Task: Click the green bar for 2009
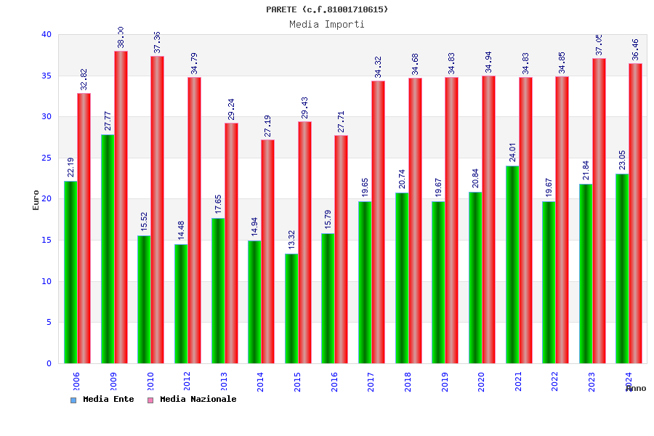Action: point(108,249)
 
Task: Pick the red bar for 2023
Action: point(599,211)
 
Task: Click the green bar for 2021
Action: point(512,265)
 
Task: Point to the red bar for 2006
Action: point(84,228)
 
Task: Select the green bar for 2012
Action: point(181,304)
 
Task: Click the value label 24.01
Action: point(512,152)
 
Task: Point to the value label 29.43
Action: point(304,108)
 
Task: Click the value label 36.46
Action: point(635,49)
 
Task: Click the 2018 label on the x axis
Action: point(408,381)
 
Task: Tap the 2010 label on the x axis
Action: point(150,381)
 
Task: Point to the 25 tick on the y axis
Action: point(47,158)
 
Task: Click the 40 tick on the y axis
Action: point(47,34)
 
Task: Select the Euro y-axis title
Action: point(36,200)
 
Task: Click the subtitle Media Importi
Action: point(327,24)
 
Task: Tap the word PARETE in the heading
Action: point(281,9)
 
